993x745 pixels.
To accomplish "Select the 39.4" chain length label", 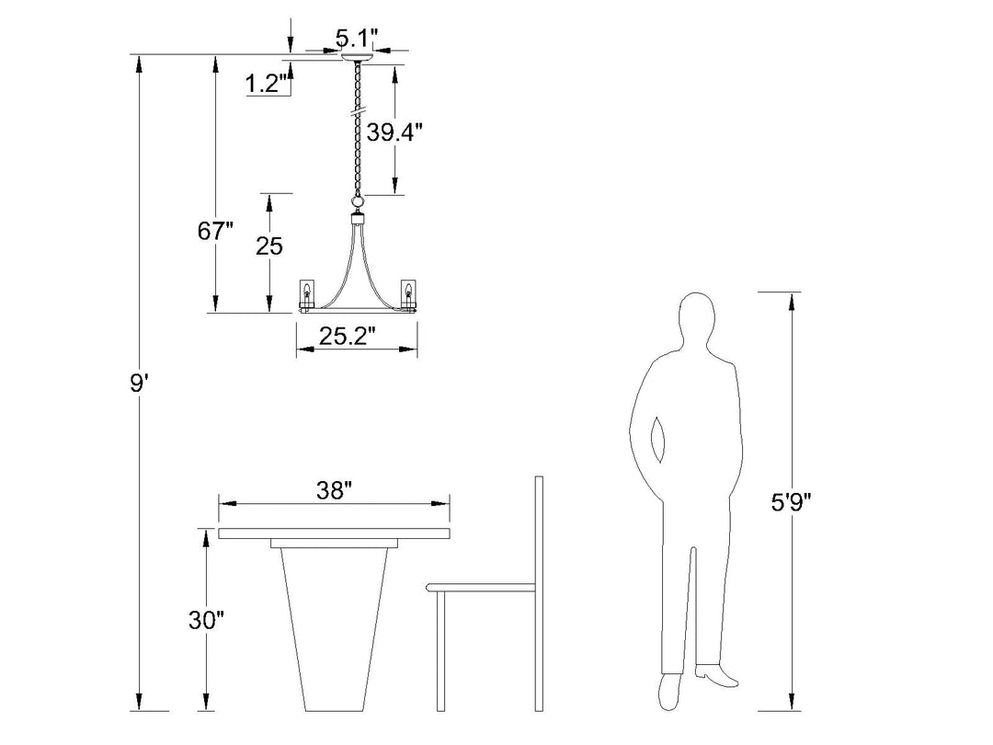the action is click(x=394, y=132).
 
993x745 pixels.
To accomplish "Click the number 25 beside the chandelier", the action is click(x=269, y=246).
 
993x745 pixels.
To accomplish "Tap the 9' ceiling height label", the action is click(x=139, y=382).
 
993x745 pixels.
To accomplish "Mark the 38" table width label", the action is click(x=334, y=489).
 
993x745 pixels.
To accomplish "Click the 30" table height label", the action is click(x=207, y=620).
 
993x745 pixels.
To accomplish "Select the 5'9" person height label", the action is click(x=791, y=502).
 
